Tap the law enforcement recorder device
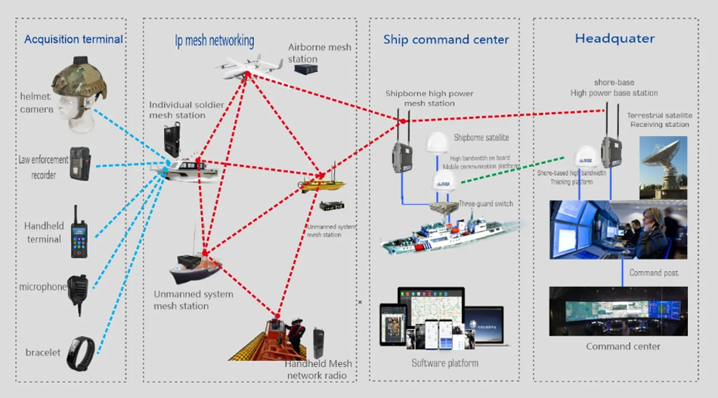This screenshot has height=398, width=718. (x=79, y=163)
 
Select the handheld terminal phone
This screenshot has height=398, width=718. (x=79, y=232)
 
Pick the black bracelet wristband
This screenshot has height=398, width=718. (x=80, y=353)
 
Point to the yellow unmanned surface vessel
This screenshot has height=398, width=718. (x=323, y=184)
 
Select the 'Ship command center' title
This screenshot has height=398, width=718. (x=446, y=40)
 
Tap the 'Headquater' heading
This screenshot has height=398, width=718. (x=614, y=39)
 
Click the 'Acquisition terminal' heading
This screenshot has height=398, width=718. (x=73, y=39)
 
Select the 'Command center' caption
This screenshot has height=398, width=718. (x=623, y=347)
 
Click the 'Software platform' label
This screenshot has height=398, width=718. (x=444, y=363)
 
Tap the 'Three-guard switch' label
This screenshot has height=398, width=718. (x=482, y=203)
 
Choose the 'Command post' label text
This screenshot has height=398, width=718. (x=654, y=273)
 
